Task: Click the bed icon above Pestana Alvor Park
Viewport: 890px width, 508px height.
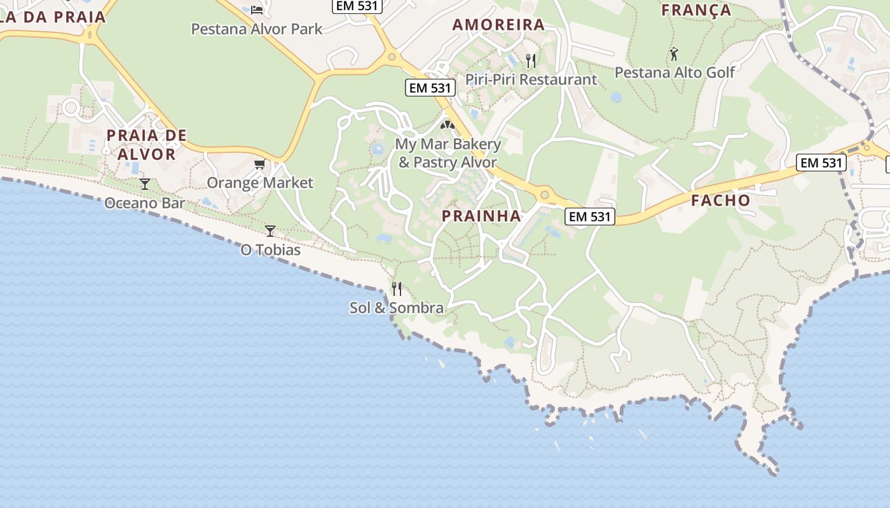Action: [257, 10]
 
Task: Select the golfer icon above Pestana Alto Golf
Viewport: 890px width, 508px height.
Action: [674, 54]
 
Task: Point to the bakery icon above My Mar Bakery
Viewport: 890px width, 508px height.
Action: [448, 125]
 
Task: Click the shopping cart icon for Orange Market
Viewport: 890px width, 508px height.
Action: [259, 165]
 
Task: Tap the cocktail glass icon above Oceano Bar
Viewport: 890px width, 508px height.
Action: [145, 184]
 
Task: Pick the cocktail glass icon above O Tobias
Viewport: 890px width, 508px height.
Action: [270, 231]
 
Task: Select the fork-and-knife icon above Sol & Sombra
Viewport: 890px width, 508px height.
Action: [397, 289]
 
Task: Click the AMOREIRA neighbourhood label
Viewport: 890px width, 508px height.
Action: [498, 25]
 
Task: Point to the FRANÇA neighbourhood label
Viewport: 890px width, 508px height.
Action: [696, 10]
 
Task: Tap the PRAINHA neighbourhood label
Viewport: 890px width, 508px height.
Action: [481, 216]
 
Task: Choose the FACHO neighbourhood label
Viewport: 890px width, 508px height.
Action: [720, 201]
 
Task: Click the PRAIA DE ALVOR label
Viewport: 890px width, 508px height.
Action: [147, 145]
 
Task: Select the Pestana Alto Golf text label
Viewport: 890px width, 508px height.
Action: [674, 72]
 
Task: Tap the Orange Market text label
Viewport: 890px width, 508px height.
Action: [260, 183]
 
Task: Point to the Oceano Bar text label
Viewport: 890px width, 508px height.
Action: [145, 203]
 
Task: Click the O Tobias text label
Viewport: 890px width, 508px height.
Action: [270, 250]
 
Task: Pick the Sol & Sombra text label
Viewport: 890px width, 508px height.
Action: [397, 308]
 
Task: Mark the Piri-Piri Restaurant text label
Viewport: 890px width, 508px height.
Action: [531, 79]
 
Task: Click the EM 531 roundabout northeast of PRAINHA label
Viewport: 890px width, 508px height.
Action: [544, 194]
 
